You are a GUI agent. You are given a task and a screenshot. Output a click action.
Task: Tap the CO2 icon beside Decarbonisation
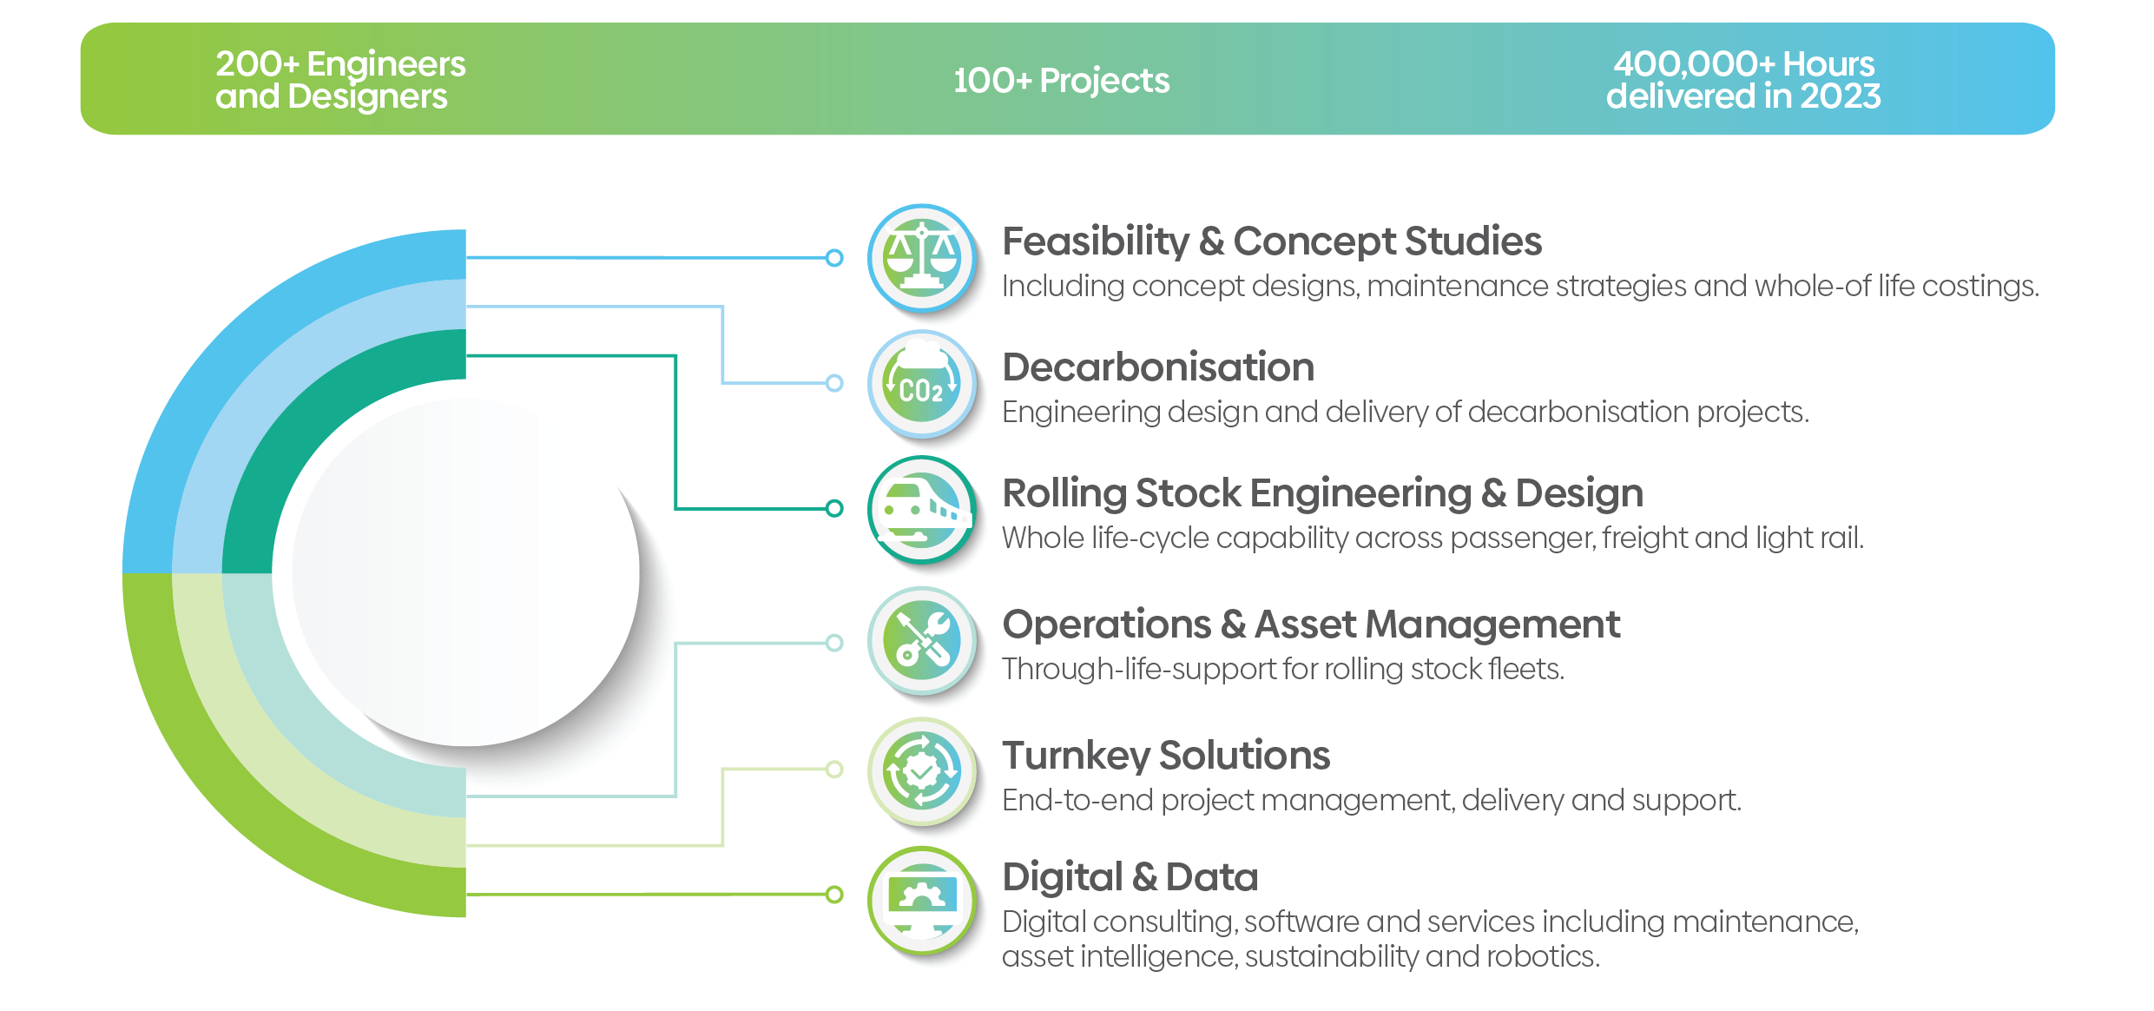(x=922, y=384)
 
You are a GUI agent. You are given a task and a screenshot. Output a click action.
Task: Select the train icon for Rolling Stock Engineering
(x=922, y=510)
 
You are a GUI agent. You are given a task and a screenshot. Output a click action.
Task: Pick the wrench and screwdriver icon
(x=922, y=641)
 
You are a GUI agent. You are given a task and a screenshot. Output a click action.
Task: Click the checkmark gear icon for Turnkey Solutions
(x=922, y=770)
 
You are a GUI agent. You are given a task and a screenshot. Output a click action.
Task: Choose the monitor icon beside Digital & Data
(x=922, y=900)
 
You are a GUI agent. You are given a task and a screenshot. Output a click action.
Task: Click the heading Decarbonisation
(x=1158, y=367)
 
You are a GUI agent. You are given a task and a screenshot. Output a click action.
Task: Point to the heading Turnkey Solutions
(x=1165, y=756)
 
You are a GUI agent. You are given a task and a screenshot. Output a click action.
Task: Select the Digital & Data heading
(x=1130, y=877)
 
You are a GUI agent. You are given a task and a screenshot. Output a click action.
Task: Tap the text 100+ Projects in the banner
(x=1061, y=81)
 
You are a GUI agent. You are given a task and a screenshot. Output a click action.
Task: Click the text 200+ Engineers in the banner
(x=340, y=64)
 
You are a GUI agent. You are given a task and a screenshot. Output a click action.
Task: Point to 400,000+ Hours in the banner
(x=1743, y=64)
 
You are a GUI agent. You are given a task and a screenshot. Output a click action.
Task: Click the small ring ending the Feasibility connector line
(x=833, y=258)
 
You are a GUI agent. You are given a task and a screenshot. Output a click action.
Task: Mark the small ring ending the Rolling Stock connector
(x=833, y=508)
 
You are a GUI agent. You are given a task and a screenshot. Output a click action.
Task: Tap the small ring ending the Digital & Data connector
(x=833, y=894)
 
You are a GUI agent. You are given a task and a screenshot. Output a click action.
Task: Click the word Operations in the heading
(x=1106, y=624)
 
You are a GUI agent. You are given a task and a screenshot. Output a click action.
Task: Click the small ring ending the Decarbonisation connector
(x=833, y=383)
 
